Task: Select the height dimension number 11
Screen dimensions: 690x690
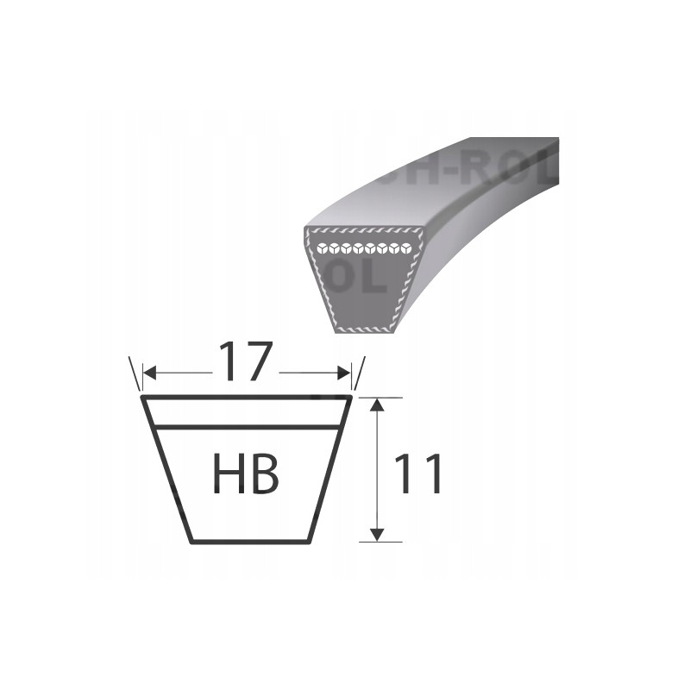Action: [417, 474]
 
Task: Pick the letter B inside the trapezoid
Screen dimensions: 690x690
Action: [267, 474]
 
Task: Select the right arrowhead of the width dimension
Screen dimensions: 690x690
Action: [346, 373]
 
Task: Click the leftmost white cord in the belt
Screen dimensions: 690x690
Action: [322, 249]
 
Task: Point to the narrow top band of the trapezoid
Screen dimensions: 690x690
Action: [247, 412]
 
